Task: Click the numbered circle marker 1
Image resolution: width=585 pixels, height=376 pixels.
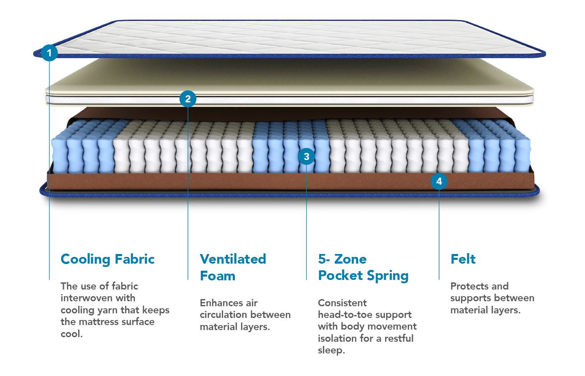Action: pos(49,53)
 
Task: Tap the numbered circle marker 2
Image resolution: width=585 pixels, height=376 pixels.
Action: pos(188,99)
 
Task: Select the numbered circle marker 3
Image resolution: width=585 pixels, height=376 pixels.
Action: pos(306,156)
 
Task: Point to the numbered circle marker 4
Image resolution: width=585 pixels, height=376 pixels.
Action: pos(439,181)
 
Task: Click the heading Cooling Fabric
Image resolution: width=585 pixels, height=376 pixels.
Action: pos(108,259)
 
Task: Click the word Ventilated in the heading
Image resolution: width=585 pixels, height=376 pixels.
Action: pos(233,259)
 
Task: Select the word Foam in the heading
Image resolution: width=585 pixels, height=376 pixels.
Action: pos(218,276)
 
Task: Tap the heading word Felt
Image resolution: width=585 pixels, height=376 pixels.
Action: pos(463,259)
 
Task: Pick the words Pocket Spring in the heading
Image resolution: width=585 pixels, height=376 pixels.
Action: pos(363,276)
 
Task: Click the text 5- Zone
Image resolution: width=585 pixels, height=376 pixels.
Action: pos(342,259)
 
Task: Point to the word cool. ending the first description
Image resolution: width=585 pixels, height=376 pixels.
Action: pos(71,334)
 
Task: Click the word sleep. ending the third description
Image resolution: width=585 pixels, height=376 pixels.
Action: pos(331,350)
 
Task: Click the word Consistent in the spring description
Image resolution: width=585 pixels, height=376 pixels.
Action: pos(342,303)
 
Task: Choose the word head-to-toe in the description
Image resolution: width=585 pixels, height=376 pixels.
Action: pos(344,315)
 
